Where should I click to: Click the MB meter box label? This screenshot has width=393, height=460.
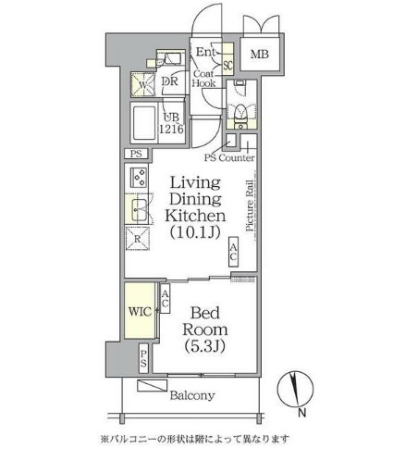(260, 55)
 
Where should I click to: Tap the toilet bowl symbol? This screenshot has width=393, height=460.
(240, 113)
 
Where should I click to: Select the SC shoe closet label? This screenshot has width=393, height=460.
(227, 65)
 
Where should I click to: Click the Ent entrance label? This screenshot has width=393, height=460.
(205, 52)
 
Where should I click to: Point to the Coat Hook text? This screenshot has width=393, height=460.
(203, 79)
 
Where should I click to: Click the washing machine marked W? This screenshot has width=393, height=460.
(142, 84)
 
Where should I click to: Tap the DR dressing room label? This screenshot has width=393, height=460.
(170, 81)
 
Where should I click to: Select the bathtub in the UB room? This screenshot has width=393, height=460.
(144, 123)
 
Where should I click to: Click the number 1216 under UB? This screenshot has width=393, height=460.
(171, 129)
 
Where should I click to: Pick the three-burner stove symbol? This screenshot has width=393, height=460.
(139, 178)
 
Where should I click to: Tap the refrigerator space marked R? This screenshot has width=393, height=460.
(138, 239)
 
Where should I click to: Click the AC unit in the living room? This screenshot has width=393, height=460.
(233, 252)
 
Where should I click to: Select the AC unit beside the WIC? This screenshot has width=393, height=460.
(165, 298)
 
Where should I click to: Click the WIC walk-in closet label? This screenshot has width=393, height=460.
(141, 312)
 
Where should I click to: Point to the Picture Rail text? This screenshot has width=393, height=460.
(250, 205)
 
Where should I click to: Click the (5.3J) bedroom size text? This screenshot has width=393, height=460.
(204, 346)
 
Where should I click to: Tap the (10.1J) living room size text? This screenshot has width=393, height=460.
(196, 232)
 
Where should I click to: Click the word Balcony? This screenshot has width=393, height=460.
(192, 395)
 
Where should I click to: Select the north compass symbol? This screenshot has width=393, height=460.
(295, 389)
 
